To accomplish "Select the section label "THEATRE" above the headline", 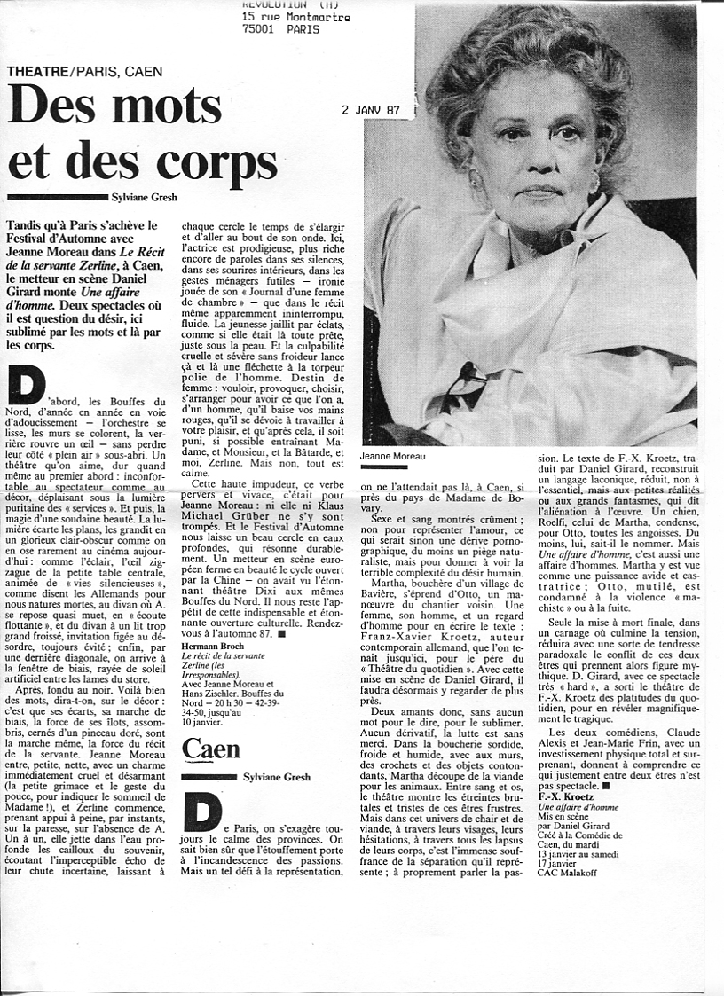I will pos(37,70).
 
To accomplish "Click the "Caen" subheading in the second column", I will pos(211,749).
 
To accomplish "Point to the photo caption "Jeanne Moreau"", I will pos(393,456).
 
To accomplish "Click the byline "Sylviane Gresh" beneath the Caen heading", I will pos(277,777).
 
